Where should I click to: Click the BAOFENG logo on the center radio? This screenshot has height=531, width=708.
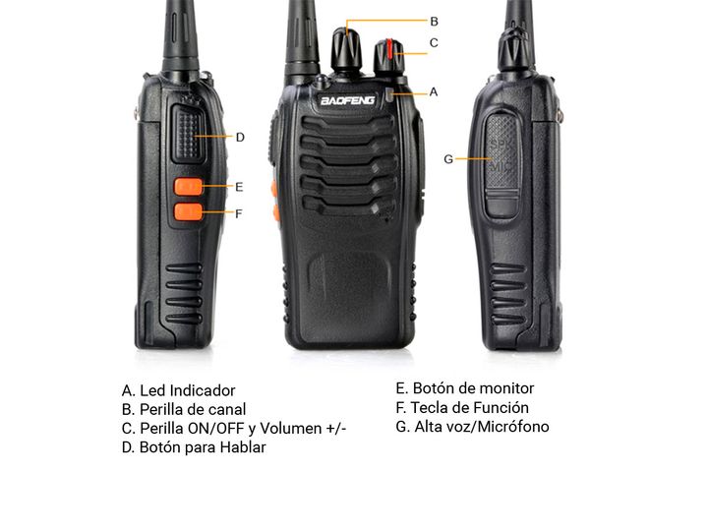(x=347, y=100)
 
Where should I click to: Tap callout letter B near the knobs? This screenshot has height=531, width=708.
(x=434, y=22)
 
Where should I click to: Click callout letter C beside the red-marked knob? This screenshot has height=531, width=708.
(x=434, y=43)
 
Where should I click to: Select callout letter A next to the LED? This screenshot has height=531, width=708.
(x=434, y=92)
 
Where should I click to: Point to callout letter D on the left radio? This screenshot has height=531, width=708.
(x=240, y=138)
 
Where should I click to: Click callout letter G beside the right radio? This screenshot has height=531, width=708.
(x=448, y=159)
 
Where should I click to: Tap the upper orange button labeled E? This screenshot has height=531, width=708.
(x=189, y=187)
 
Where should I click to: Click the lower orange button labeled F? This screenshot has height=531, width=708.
(x=189, y=211)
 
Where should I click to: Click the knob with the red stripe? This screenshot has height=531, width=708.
(x=389, y=56)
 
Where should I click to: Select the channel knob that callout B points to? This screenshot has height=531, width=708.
(x=347, y=49)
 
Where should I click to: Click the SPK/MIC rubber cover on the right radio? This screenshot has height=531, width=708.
(x=501, y=165)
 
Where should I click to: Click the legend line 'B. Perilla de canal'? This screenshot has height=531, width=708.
(x=184, y=409)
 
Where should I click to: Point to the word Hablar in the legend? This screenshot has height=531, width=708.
(x=243, y=447)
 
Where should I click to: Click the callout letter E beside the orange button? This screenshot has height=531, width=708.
(x=239, y=187)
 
